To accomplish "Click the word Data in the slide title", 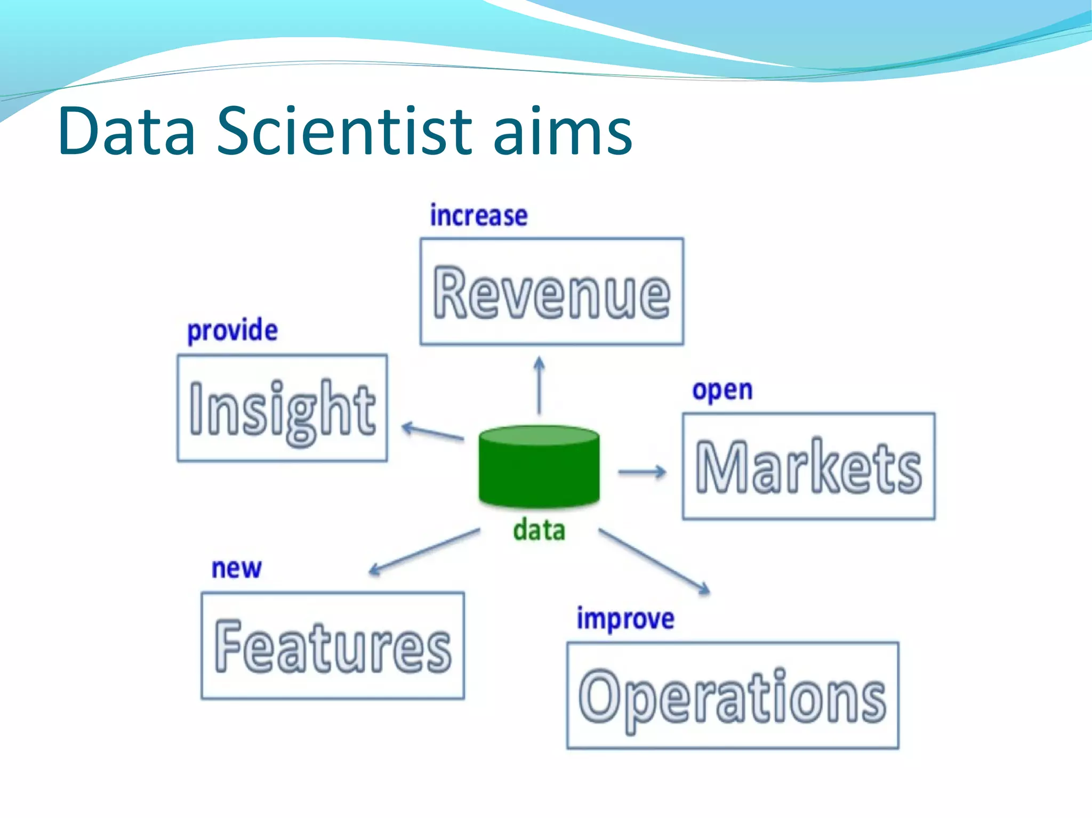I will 127,131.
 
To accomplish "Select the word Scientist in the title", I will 344,131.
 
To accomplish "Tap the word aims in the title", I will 563,131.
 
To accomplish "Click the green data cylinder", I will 539,467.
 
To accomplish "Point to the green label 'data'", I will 539,531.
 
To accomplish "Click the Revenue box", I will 551,292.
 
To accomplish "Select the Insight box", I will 282,408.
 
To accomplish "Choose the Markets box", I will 808,466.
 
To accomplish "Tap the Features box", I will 333,645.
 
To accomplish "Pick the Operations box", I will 733,695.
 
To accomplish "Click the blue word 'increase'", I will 479,216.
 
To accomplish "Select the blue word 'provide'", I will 232,331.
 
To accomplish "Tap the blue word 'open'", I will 722,390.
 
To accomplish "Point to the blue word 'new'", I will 236,569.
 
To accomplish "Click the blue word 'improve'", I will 625,619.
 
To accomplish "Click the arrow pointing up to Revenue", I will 539,385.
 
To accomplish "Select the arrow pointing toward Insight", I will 432,432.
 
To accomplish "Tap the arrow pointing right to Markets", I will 642,472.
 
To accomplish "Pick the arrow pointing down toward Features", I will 424,552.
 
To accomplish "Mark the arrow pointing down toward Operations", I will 654,561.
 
